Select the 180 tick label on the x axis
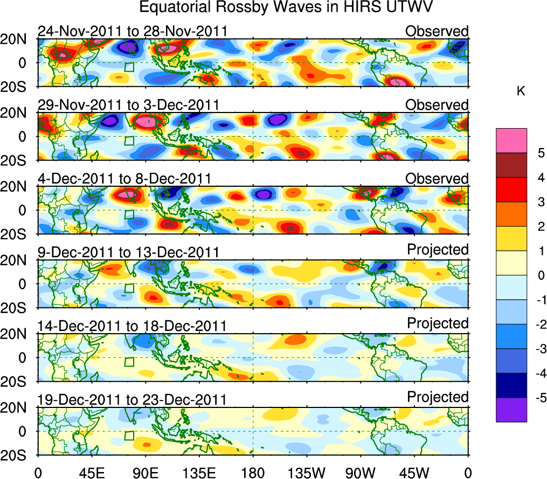(253, 473)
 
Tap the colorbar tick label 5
(539, 153)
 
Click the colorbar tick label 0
(539, 276)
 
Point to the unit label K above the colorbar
(521, 92)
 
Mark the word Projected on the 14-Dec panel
(438, 323)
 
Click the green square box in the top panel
(129, 67)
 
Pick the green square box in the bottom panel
(129, 436)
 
